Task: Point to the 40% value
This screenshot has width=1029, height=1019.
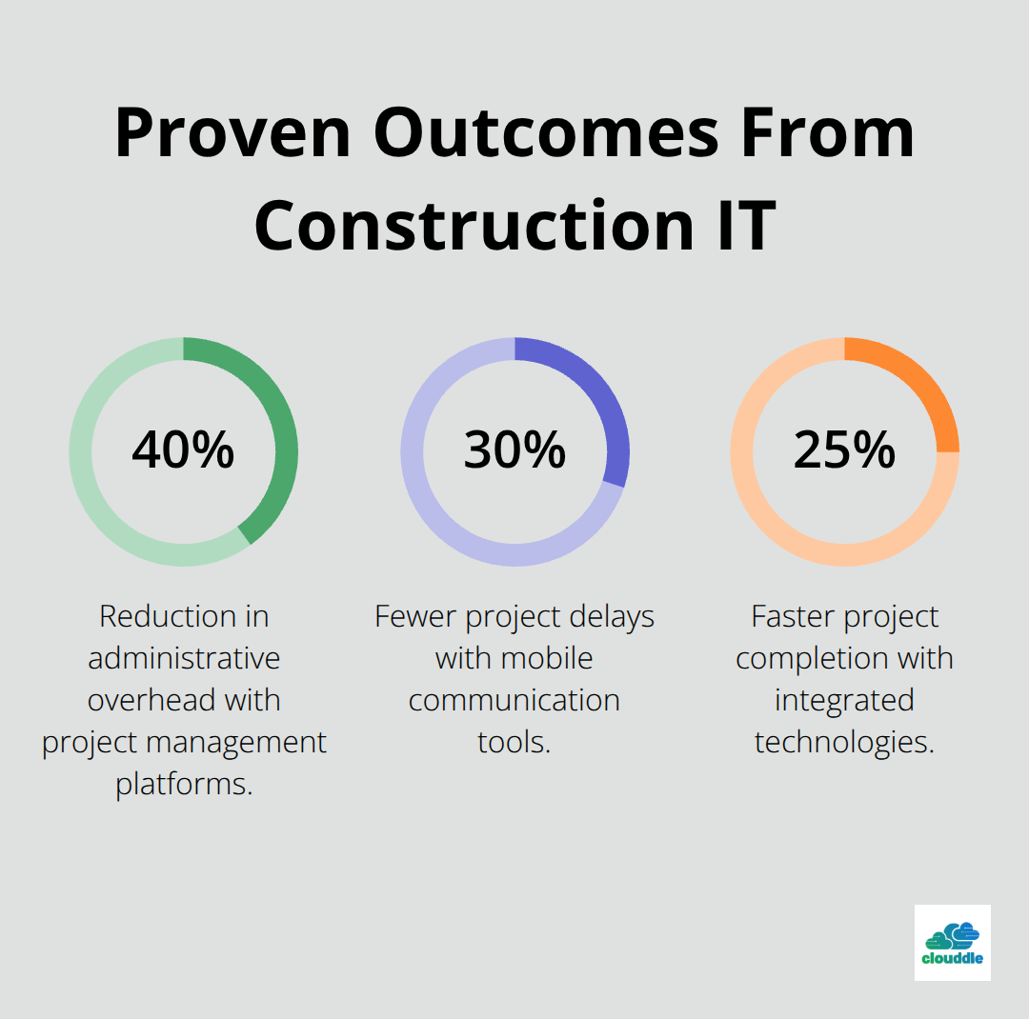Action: pyautogui.click(x=183, y=450)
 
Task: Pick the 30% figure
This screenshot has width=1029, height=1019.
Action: pyautogui.click(x=514, y=450)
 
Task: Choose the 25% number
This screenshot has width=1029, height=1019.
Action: pyautogui.click(x=844, y=450)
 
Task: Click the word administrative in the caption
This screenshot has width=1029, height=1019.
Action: pyautogui.click(x=184, y=658)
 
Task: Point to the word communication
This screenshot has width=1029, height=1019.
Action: pyautogui.click(x=514, y=700)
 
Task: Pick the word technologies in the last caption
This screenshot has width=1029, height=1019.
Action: pyautogui.click(x=844, y=742)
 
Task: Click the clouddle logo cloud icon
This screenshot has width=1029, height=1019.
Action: pyautogui.click(x=953, y=935)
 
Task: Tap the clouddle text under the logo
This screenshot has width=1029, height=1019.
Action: pyautogui.click(x=953, y=959)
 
